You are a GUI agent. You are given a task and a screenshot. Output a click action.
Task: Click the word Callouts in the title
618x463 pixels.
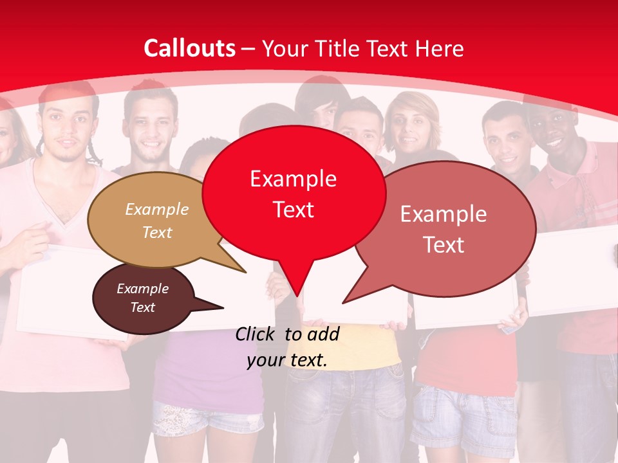click(x=189, y=48)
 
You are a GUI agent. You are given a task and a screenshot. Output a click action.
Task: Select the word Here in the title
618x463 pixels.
click(x=439, y=48)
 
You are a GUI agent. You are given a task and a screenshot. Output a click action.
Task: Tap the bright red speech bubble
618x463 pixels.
click(x=294, y=193)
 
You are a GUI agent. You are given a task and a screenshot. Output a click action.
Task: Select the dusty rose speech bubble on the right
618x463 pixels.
click(x=444, y=228)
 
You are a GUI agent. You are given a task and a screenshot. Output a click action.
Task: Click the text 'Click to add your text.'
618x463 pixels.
click(x=287, y=347)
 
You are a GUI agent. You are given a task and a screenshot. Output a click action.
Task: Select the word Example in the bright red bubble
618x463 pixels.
click(x=293, y=179)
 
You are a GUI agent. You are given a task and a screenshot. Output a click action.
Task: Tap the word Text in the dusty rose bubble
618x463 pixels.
click(x=444, y=245)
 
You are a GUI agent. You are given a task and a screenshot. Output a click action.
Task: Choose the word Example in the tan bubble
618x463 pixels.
click(x=157, y=210)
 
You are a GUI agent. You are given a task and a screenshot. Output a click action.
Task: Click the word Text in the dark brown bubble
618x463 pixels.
click(x=143, y=307)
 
